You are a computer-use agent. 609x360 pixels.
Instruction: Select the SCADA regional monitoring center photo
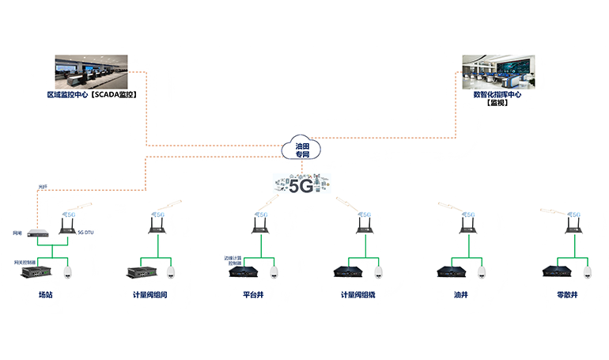pos(91,72)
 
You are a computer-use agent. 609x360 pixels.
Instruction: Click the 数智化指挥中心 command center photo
pos(497,71)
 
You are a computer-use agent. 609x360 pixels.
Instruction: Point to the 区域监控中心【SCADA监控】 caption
pos(92,95)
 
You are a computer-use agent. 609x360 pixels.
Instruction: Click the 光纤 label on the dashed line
pos(43,187)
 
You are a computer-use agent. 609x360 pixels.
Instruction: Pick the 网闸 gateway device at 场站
pos(36,233)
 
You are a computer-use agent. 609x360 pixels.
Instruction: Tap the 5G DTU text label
pos(86,233)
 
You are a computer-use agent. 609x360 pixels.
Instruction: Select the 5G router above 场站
pos(67,223)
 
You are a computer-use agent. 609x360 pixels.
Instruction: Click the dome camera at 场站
pos(67,271)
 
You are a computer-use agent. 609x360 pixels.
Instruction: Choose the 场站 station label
pos(47,295)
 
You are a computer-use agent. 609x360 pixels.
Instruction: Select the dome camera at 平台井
pos(274,271)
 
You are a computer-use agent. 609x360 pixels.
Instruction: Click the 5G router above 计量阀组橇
pos(365,223)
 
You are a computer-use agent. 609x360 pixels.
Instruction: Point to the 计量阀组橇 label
pos(357,295)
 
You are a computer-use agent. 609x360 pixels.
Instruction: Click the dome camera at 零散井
pos(587,271)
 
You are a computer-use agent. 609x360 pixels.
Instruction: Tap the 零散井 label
pos(568,295)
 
